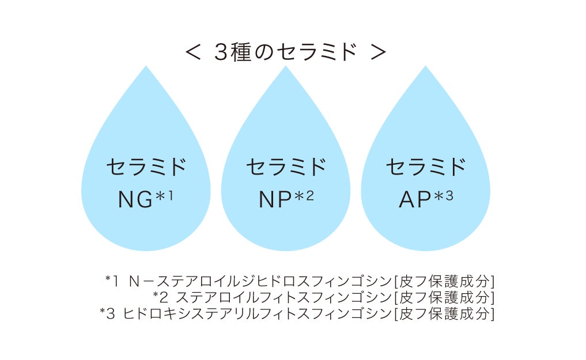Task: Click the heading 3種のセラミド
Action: point(286,52)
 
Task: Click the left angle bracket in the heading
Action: point(192,52)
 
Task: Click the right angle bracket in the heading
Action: point(379,52)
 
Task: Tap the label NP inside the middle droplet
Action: point(275,199)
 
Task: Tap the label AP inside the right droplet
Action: point(415,199)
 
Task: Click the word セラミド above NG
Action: point(146,168)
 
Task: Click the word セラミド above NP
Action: point(286,168)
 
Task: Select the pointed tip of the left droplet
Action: point(146,67)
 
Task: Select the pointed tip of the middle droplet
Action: point(286,67)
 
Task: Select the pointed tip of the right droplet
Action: point(425,67)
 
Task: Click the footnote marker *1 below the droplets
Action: point(112,281)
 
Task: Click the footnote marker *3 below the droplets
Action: point(107,313)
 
